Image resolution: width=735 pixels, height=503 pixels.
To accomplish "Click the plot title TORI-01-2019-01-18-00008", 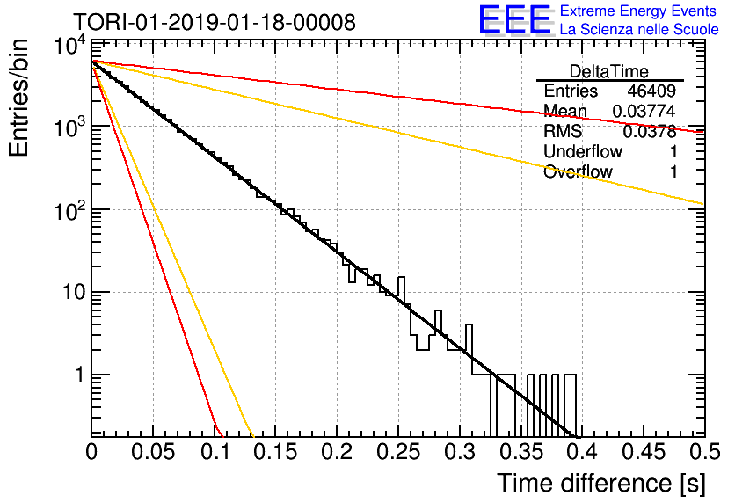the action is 215,22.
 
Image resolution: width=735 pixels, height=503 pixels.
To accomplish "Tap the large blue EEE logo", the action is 515,19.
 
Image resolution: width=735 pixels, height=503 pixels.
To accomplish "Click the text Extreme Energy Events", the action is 638,11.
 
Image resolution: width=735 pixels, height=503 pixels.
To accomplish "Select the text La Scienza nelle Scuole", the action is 639,30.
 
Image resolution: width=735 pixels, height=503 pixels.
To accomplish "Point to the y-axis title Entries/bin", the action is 18,98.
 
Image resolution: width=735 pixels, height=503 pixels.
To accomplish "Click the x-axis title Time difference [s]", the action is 601,483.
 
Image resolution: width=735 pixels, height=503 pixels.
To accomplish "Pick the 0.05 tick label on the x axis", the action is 153,452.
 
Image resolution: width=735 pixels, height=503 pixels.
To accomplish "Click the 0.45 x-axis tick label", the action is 644,452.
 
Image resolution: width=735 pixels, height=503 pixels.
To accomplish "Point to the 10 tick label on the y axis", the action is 75,293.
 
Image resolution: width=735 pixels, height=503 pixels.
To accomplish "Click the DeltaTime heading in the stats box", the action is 609,72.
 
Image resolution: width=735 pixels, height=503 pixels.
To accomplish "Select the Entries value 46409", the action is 651,91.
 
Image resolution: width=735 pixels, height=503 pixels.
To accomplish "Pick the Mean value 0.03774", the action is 644,111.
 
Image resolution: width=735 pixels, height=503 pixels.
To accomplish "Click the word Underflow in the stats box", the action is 583,151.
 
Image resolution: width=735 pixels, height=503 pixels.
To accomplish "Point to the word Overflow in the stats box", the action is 578,171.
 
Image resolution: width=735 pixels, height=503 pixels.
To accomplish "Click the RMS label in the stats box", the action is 563,131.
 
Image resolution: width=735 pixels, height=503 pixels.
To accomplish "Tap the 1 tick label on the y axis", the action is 81,375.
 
